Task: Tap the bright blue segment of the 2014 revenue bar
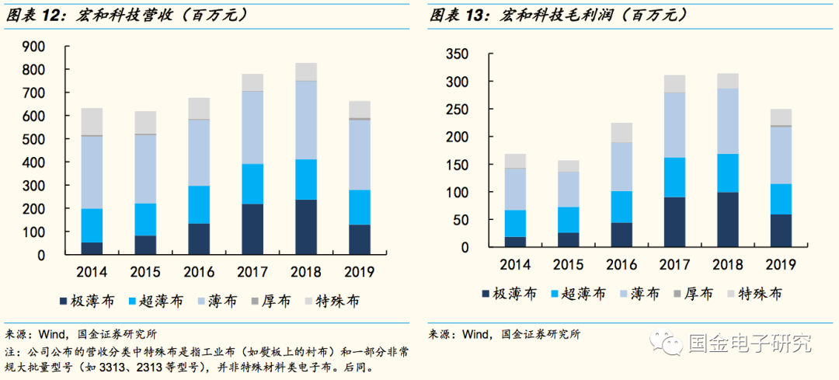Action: tap(92, 225)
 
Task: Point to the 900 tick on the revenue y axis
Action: tap(33, 47)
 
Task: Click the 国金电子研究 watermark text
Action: tap(750, 342)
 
